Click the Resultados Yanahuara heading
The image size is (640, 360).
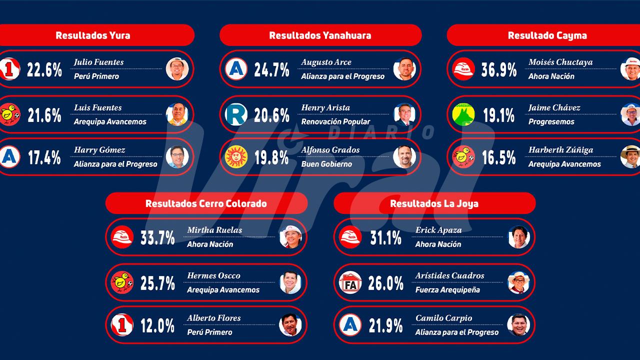(320, 35)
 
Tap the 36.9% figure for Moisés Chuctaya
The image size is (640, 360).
(499, 69)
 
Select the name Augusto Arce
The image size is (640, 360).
(326, 62)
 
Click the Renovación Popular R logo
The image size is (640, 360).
(236, 114)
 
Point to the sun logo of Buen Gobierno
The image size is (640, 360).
(236, 156)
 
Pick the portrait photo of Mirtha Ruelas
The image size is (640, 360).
(290, 237)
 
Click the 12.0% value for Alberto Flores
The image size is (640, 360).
(157, 325)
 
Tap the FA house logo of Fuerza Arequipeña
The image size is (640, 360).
(350, 282)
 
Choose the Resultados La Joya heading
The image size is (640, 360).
(434, 203)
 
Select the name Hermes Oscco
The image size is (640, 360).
(213, 275)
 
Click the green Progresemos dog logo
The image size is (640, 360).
(463, 114)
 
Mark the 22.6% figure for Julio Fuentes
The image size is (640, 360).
(44, 69)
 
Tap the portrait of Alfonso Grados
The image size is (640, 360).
(404, 156)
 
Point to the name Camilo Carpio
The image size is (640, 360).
(443, 318)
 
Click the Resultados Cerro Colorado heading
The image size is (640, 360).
(206, 203)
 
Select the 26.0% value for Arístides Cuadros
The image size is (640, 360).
(385, 283)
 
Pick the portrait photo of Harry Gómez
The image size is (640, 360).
(177, 156)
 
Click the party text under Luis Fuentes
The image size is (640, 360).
(110, 121)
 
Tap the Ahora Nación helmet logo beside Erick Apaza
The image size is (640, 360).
(350, 237)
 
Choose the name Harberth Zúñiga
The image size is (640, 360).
(560, 150)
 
